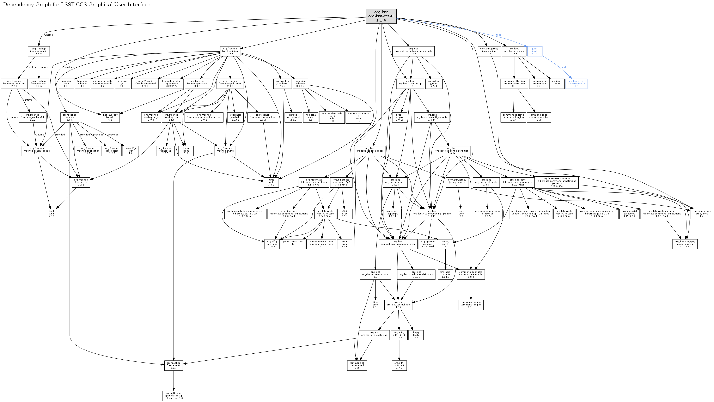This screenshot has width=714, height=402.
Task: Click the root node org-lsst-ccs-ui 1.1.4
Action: (x=381, y=16)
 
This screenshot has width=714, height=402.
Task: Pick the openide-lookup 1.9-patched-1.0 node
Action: (x=174, y=396)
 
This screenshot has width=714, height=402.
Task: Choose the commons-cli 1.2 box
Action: (x=357, y=365)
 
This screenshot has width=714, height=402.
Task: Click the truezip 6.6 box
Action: (x=110, y=117)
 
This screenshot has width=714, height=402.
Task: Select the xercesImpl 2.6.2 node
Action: (x=293, y=117)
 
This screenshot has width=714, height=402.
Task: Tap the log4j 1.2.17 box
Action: (x=416, y=335)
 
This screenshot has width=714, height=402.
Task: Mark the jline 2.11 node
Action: (x=375, y=305)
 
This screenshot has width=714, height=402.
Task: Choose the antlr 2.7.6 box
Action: (x=344, y=244)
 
